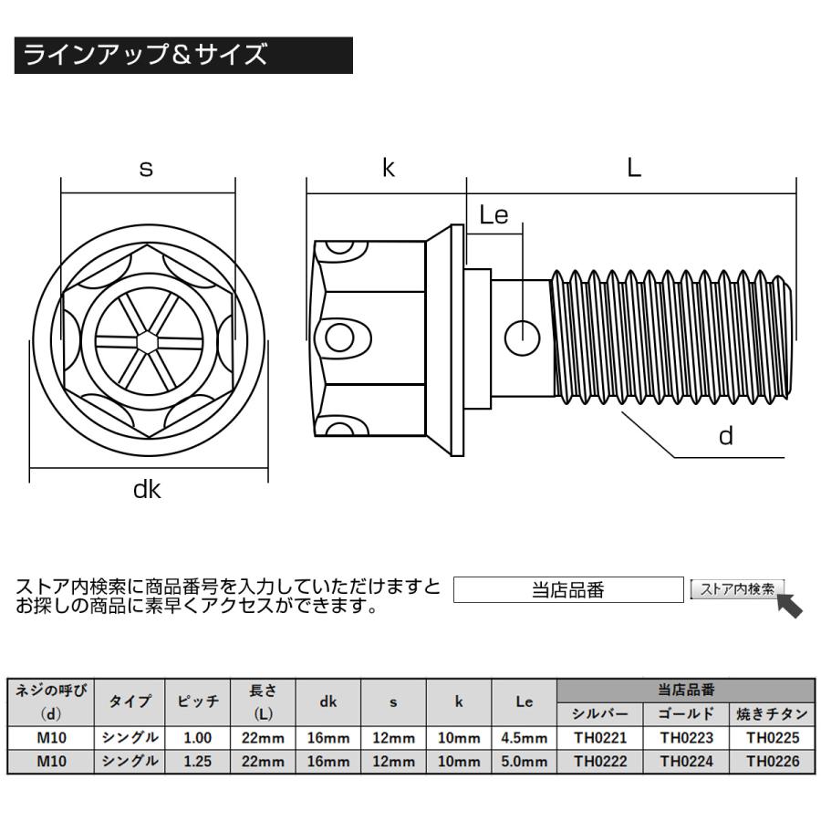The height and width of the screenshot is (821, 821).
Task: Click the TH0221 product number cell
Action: (x=599, y=737)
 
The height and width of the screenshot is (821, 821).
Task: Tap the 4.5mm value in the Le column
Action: (x=524, y=737)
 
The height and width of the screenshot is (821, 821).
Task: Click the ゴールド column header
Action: (x=686, y=713)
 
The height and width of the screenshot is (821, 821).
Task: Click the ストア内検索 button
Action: (x=736, y=589)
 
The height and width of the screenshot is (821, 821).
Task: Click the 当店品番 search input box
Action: (x=567, y=590)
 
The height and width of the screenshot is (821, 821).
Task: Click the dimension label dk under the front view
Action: (x=147, y=490)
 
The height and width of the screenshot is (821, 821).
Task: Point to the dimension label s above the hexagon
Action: (x=146, y=169)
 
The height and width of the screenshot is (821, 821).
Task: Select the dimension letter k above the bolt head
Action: (x=388, y=168)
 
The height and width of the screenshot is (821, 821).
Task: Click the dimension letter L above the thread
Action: (x=634, y=168)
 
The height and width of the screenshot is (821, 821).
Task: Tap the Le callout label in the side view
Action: (x=494, y=215)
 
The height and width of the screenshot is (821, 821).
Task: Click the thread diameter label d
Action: (x=726, y=436)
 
